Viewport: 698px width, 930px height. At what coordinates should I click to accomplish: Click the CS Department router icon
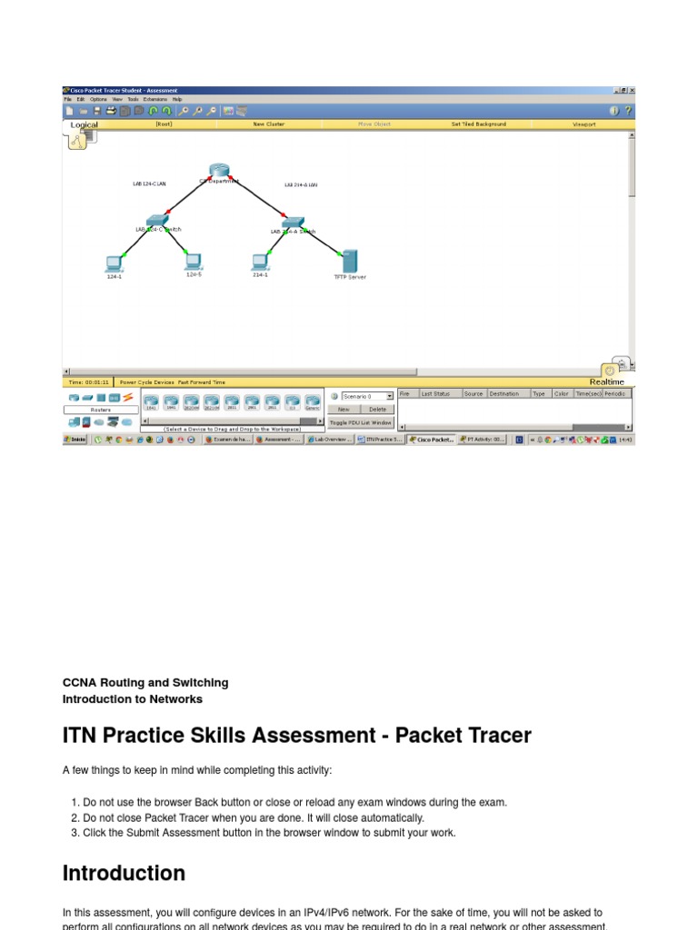click(x=218, y=170)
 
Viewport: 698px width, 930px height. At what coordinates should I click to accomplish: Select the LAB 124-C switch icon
click(x=157, y=220)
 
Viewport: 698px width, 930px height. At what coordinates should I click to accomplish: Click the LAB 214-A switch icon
click(x=292, y=222)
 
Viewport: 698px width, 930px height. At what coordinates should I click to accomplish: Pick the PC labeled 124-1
click(x=114, y=263)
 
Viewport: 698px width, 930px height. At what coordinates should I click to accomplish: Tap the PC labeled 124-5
click(x=193, y=262)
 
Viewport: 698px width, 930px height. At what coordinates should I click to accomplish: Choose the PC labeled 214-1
click(x=260, y=262)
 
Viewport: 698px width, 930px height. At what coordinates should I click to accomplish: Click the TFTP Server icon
click(x=349, y=262)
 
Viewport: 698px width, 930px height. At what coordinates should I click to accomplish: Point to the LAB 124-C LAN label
click(x=149, y=184)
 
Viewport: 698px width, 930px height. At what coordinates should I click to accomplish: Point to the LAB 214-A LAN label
click(x=300, y=184)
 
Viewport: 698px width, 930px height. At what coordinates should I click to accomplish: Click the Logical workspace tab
click(x=84, y=125)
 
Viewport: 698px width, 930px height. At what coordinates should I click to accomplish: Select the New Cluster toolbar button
click(x=268, y=124)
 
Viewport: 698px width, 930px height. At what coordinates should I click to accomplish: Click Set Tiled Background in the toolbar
click(x=478, y=124)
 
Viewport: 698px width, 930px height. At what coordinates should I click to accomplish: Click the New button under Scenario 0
click(x=344, y=410)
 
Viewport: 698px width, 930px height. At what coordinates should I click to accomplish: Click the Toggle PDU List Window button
click(x=361, y=422)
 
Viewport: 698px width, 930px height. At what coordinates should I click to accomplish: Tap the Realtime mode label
click(x=606, y=382)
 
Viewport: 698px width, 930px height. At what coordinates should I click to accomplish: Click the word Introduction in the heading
click(x=124, y=874)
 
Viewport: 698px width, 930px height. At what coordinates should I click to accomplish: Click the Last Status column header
click(x=435, y=394)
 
